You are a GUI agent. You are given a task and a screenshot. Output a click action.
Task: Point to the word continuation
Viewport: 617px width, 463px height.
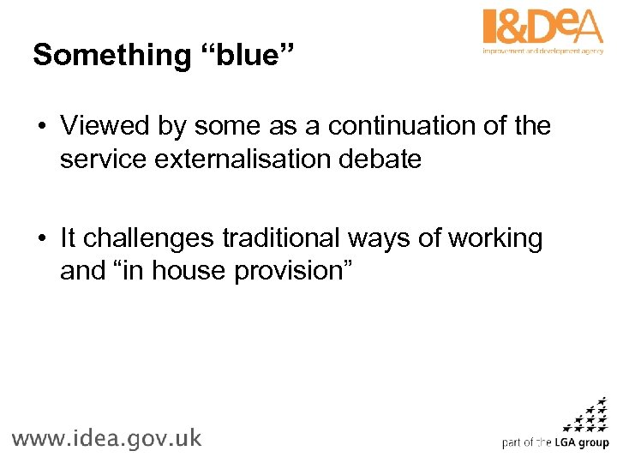point(399,126)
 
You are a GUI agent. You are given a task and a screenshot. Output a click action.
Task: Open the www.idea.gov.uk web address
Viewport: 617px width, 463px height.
point(106,438)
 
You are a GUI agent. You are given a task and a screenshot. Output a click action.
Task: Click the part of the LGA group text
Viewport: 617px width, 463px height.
point(555,443)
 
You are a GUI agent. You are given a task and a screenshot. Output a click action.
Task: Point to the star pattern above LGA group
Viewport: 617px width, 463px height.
point(588,415)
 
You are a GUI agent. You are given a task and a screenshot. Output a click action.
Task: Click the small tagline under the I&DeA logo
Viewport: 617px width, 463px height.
point(543,51)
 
